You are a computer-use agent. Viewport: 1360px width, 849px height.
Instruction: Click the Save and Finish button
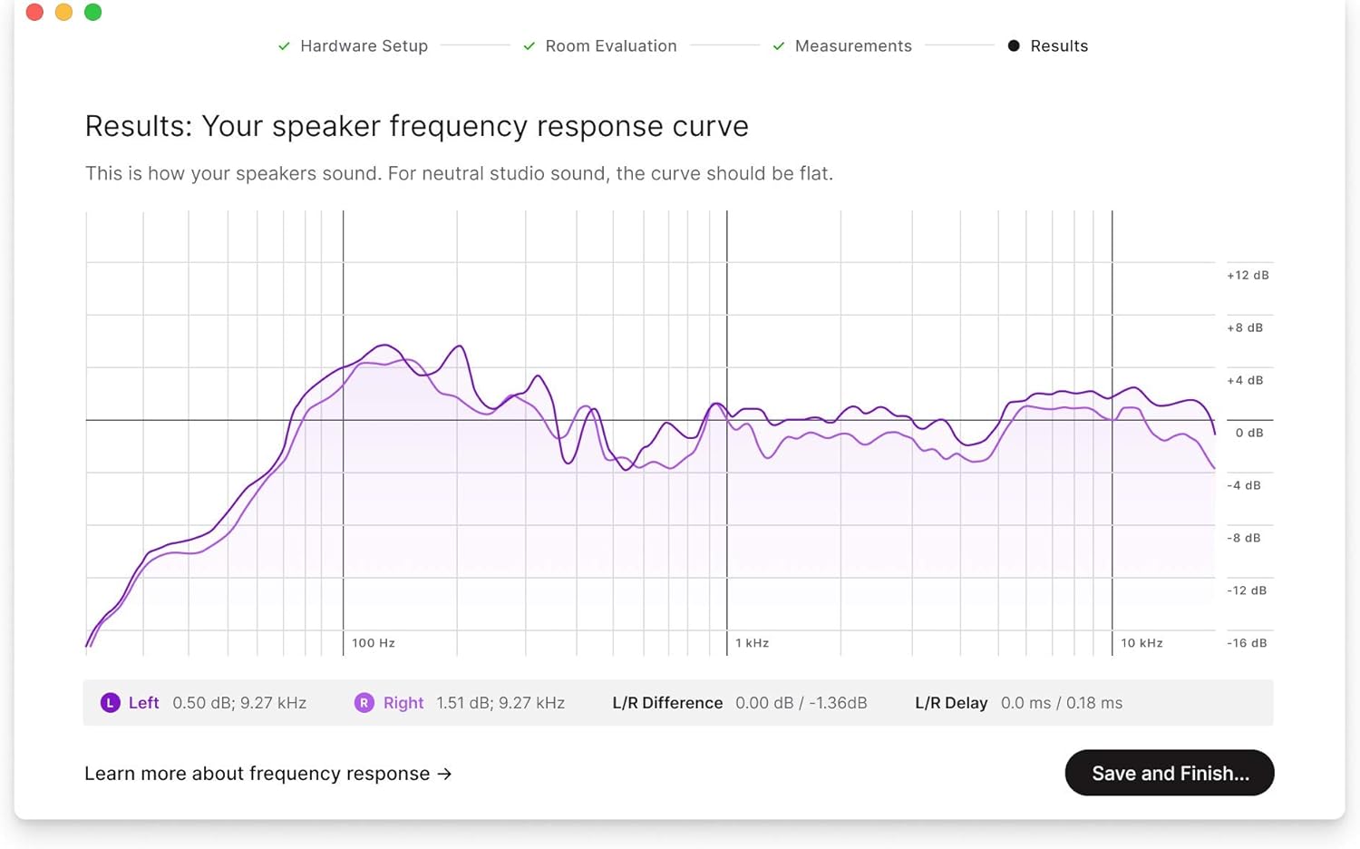pos(1170,773)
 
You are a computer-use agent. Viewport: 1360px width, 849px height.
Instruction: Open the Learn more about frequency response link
pos(267,774)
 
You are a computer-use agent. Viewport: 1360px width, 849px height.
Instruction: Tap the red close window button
pos(34,12)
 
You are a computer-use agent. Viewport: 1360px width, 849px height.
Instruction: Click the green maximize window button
pos(92,12)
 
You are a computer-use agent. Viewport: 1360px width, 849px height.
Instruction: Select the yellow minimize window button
pos(63,12)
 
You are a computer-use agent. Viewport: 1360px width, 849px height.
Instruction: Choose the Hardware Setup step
pos(363,46)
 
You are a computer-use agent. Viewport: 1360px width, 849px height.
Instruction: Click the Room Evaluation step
pos(610,46)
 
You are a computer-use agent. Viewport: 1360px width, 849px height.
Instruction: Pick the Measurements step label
pos(853,46)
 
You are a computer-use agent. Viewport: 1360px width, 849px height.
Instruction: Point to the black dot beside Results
pos(1014,46)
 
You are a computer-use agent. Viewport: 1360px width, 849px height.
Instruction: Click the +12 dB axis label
pos(1248,275)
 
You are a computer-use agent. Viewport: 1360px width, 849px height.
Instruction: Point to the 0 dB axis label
pos(1248,433)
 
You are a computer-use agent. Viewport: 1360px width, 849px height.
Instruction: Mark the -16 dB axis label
pos(1247,643)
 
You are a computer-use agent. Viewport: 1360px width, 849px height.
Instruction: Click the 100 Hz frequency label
pos(374,643)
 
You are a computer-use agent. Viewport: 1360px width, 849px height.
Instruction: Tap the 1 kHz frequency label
pos(752,643)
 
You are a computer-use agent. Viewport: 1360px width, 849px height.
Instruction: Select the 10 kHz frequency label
pos(1141,643)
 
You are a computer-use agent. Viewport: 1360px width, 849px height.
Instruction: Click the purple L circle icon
pos(110,703)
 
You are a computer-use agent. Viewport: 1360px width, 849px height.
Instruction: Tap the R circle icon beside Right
pos(364,703)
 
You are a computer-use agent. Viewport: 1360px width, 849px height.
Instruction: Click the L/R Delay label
pos(951,703)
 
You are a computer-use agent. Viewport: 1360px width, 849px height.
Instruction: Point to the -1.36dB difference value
pos(838,703)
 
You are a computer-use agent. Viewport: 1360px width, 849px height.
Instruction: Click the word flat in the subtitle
pos(814,173)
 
